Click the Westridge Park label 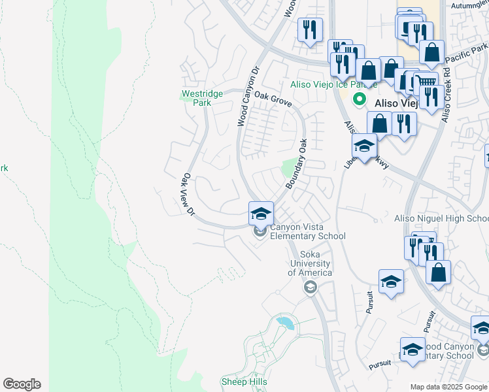coord(202,98)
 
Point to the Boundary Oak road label coord(296,163)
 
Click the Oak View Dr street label coord(188,194)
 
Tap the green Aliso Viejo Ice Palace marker coord(358,100)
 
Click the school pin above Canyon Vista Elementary coord(261,213)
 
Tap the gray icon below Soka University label coord(310,287)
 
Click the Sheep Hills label coord(244,382)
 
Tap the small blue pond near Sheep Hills coord(285,322)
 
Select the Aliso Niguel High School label coord(441,218)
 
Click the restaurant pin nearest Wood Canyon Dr coord(310,29)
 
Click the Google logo coord(22,384)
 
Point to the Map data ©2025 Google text coord(448,386)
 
